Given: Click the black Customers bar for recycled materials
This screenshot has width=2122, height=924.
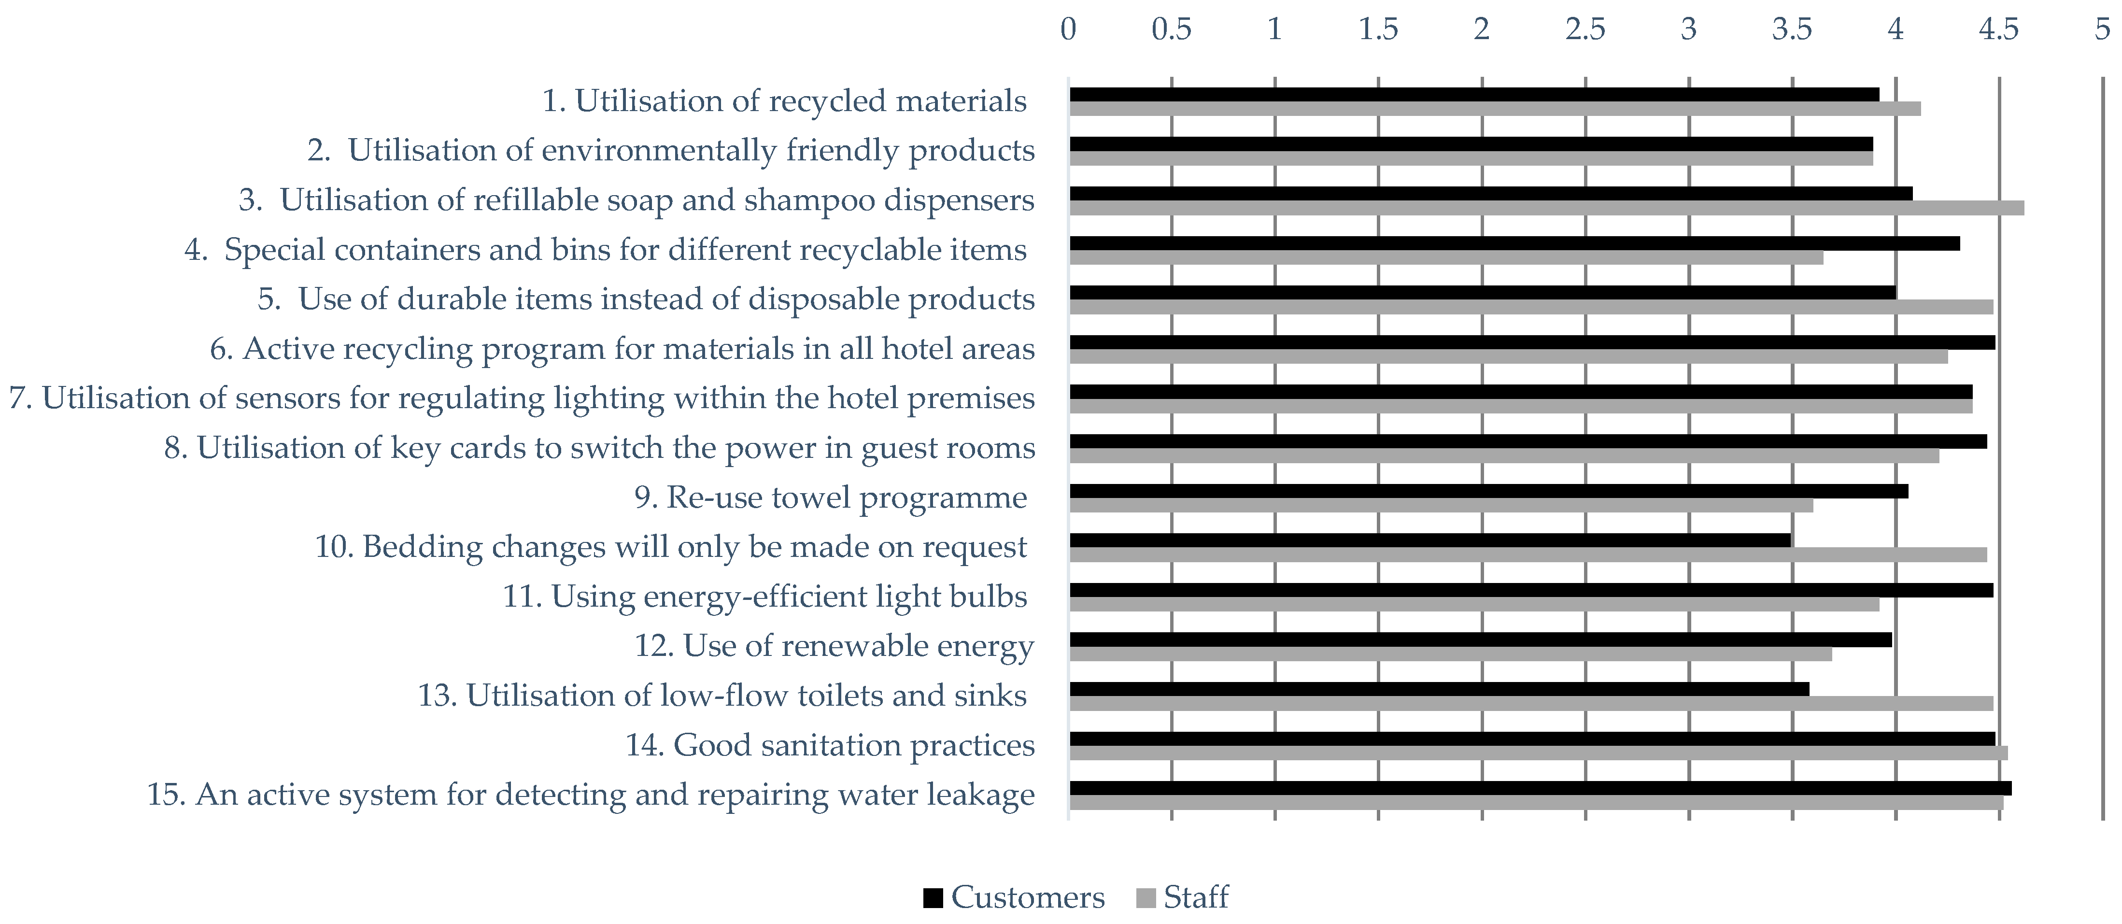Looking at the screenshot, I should (x=1474, y=95).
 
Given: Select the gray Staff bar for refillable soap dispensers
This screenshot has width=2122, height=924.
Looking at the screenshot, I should (x=1546, y=208).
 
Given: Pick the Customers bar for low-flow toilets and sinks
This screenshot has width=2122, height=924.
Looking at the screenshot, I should (x=1439, y=689).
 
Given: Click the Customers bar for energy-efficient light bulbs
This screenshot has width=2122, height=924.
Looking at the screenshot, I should (x=1530, y=590).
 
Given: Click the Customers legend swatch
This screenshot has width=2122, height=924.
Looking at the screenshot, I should (x=933, y=897).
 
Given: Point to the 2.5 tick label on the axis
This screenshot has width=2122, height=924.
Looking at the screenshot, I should (x=1585, y=29).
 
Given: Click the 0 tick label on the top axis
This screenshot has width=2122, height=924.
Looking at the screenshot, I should (x=1068, y=29).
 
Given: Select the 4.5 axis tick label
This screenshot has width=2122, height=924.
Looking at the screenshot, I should (x=1998, y=29).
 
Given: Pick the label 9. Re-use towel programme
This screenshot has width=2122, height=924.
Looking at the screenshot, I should (x=830, y=498).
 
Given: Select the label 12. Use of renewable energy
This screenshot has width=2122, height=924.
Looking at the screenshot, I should (x=834, y=646).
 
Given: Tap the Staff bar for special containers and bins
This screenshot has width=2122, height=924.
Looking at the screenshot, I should (x=1446, y=258).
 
